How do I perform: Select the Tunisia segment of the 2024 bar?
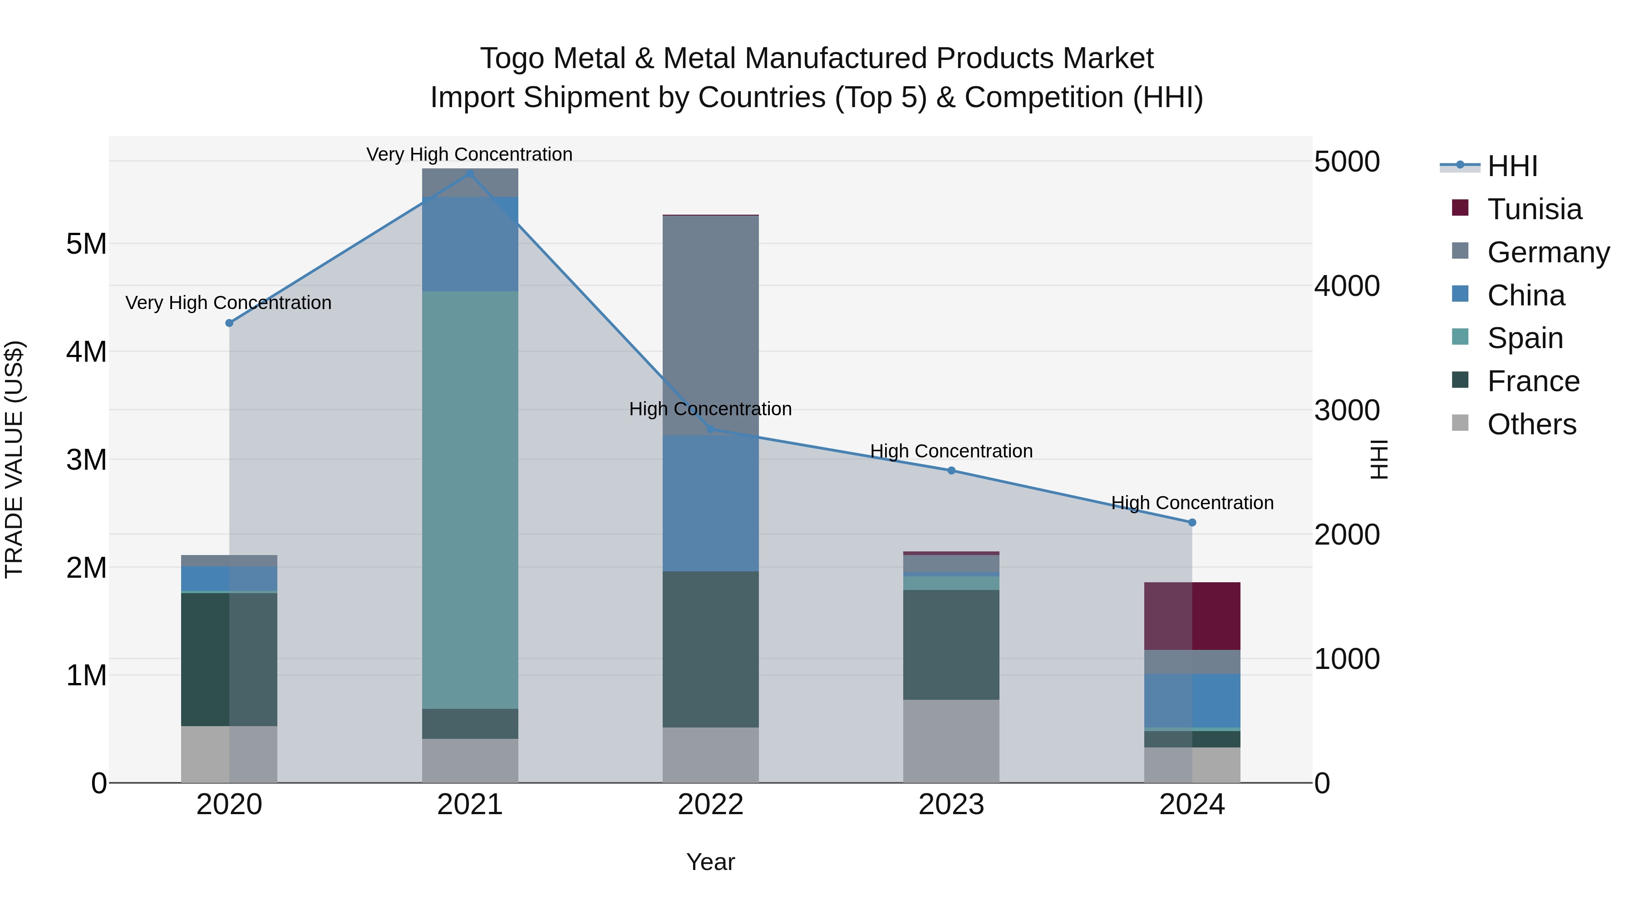1192,616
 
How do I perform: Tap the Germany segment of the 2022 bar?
710,325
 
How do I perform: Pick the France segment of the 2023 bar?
951,644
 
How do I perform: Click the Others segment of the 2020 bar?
229,754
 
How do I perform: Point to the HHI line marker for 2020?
230,323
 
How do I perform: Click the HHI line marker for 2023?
951,471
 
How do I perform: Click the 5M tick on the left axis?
86,244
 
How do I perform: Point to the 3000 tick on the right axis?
1347,410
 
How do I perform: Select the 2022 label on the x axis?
710,805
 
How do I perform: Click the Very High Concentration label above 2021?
469,154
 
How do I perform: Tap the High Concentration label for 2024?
1192,503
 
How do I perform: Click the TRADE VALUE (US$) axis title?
14,459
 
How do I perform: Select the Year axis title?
710,862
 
